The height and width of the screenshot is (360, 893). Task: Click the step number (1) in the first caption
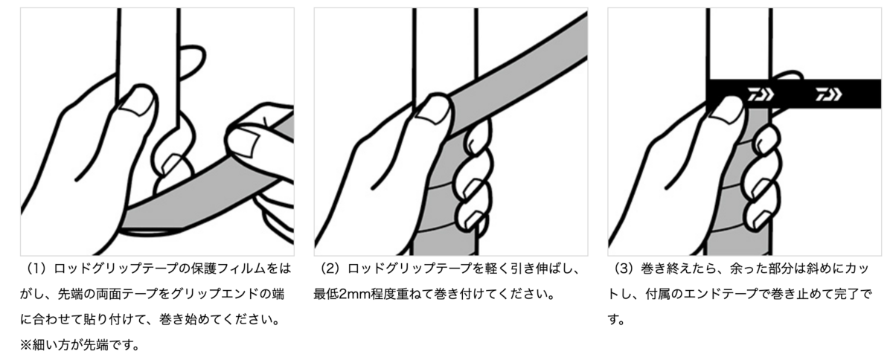pos(38,269)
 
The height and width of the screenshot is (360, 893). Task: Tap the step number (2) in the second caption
pos(332,269)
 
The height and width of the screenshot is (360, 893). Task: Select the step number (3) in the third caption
pos(626,269)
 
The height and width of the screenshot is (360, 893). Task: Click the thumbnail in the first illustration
pos(138,103)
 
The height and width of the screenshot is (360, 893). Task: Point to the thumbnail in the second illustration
pos(432,112)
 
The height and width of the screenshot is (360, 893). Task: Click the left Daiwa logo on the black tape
pos(761,94)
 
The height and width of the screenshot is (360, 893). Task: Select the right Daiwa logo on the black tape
pos(828,94)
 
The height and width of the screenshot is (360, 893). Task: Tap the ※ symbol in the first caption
pos(26,345)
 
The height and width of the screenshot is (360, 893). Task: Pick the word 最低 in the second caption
pos(326,295)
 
